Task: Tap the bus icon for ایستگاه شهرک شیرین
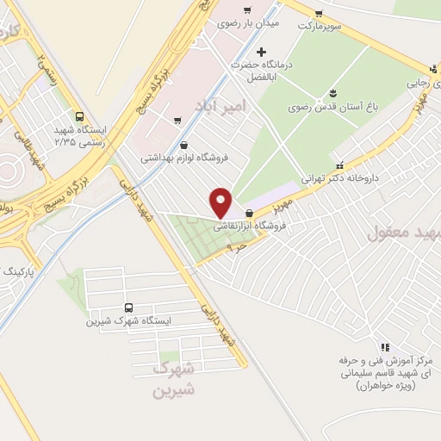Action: tap(129, 307)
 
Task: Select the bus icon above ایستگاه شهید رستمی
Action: tap(80, 116)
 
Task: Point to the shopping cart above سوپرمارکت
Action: tap(319, 13)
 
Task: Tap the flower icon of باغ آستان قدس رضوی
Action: tap(332, 94)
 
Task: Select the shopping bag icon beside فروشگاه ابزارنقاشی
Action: tap(249, 213)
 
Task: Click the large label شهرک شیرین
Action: tap(173, 379)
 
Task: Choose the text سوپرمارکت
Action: tap(320, 26)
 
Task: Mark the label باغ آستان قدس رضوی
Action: tap(323, 109)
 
